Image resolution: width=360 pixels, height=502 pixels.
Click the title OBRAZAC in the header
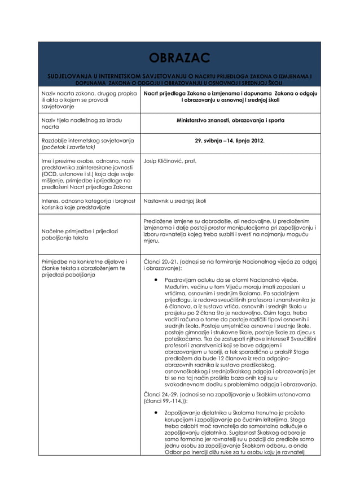pos(179,58)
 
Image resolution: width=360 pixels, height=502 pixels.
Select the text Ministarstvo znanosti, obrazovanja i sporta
pos(230,120)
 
